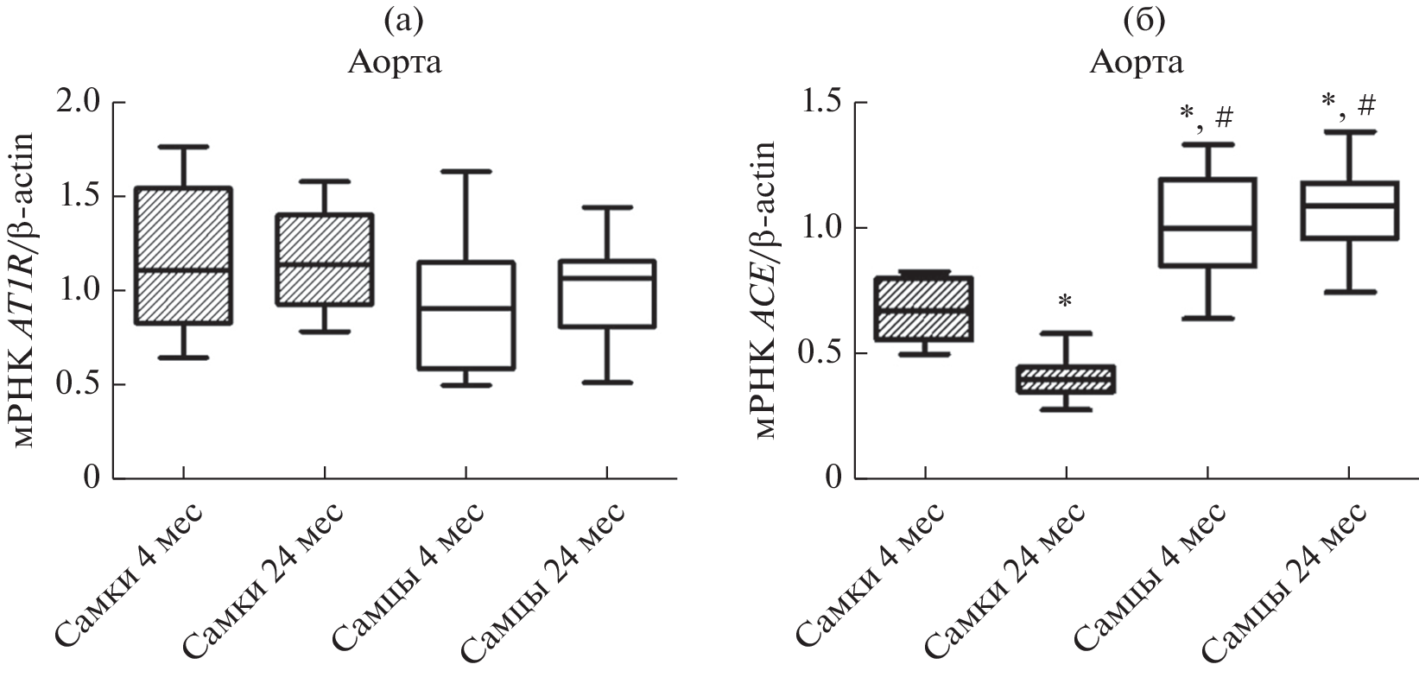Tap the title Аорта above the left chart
tap(396, 62)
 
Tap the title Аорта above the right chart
tap(1137, 62)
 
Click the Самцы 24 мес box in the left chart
tap(605, 294)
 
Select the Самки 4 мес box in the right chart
tap(924, 309)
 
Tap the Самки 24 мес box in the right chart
tap(1066, 380)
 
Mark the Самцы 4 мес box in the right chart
tap(1207, 223)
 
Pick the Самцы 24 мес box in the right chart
tap(1348, 211)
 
